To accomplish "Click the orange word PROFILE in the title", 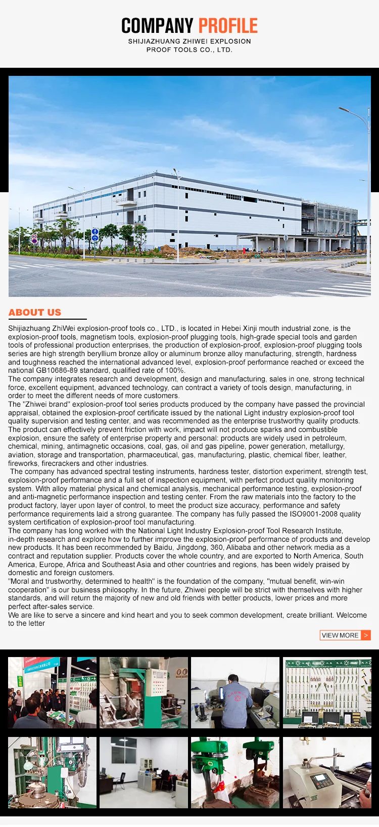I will pyautogui.click(x=228, y=26).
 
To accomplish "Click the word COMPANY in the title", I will pyautogui.click(x=157, y=26).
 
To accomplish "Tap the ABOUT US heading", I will pyautogui.click(x=35, y=313).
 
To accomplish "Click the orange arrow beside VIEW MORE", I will pyautogui.click(x=366, y=635).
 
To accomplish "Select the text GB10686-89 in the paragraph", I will pyautogui.click(x=55, y=371).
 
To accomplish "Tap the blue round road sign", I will pyautogui.click(x=95, y=232).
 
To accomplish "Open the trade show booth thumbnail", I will pyautogui.click(x=52, y=692).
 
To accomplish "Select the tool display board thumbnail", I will pyautogui.click(x=327, y=692).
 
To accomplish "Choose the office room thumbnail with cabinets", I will pyautogui.click(x=144, y=772).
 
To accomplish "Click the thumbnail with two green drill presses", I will pyautogui.click(x=235, y=772).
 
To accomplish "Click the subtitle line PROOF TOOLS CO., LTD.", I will pyautogui.click(x=189, y=50).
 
